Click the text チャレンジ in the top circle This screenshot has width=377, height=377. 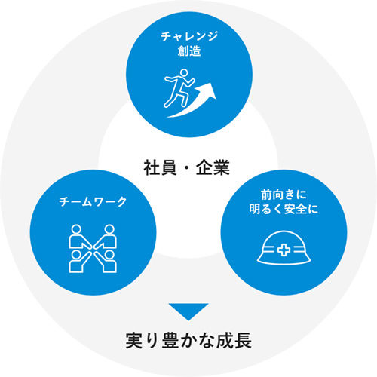[189, 36]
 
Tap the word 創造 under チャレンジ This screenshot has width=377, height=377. [189, 51]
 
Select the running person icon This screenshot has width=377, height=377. [179, 88]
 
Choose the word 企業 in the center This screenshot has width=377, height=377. [213, 167]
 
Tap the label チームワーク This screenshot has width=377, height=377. [93, 202]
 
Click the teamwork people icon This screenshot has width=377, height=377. [93, 249]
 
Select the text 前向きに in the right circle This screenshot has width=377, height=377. [284, 195]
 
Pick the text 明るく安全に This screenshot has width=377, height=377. [284, 209]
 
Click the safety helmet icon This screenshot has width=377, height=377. [284, 247]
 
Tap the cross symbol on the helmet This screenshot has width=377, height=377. [284, 250]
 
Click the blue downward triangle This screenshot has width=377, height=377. [188, 310]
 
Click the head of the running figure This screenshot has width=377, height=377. [184, 72]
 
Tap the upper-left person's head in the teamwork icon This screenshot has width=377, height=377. [76, 229]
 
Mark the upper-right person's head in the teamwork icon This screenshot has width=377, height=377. [109, 229]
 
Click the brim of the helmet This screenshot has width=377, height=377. [284, 262]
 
